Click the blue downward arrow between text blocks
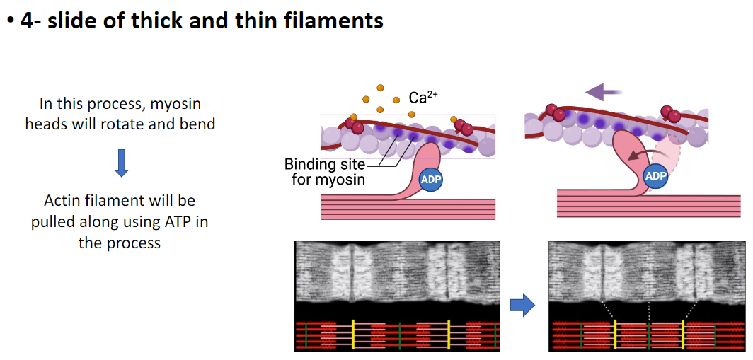pyautogui.click(x=121, y=163)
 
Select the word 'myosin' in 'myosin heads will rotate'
pyautogui.click(x=177, y=104)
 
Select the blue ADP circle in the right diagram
pyautogui.click(x=656, y=175)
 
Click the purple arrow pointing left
pyautogui.click(x=604, y=91)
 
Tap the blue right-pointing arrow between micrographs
pyautogui.click(x=522, y=305)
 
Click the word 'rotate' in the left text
pyautogui.click(x=137, y=124)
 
